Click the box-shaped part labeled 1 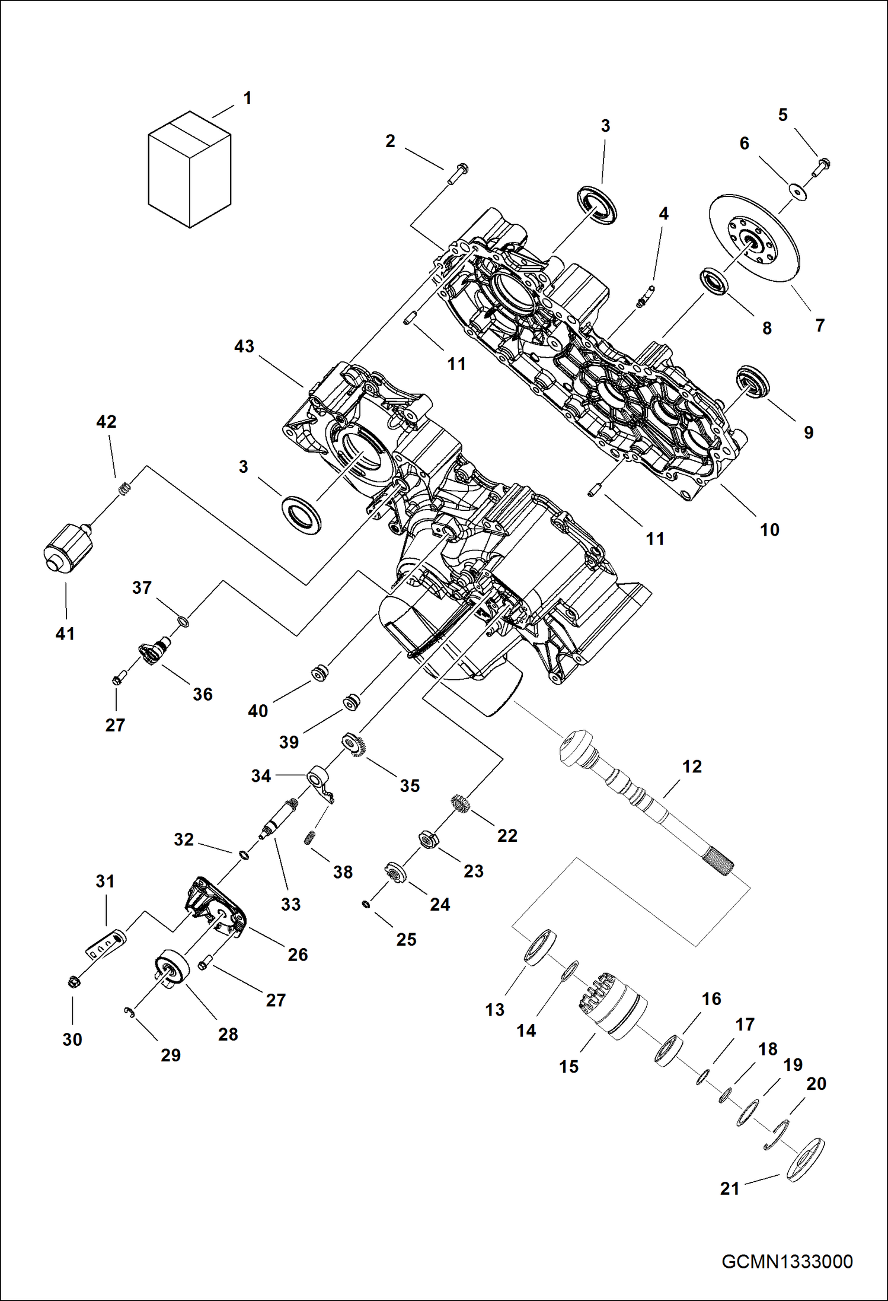click(x=189, y=170)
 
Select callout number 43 click(x=244, y=346)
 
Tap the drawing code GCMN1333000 click(x=787, y=1261)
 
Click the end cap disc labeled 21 click(x=805, y=1160)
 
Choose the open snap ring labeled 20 click(x=777, y=1134)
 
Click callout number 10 click(x=769, y=530)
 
